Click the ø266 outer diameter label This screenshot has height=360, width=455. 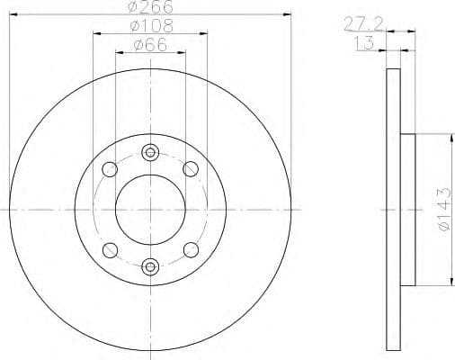point(150,7)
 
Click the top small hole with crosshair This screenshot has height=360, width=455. point(150,152)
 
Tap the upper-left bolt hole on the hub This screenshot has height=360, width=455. point(110,168)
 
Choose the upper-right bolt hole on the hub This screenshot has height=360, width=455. point(191,168)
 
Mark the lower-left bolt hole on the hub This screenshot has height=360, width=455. point(110,249)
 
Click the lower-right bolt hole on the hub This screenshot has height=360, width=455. point(191,249)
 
